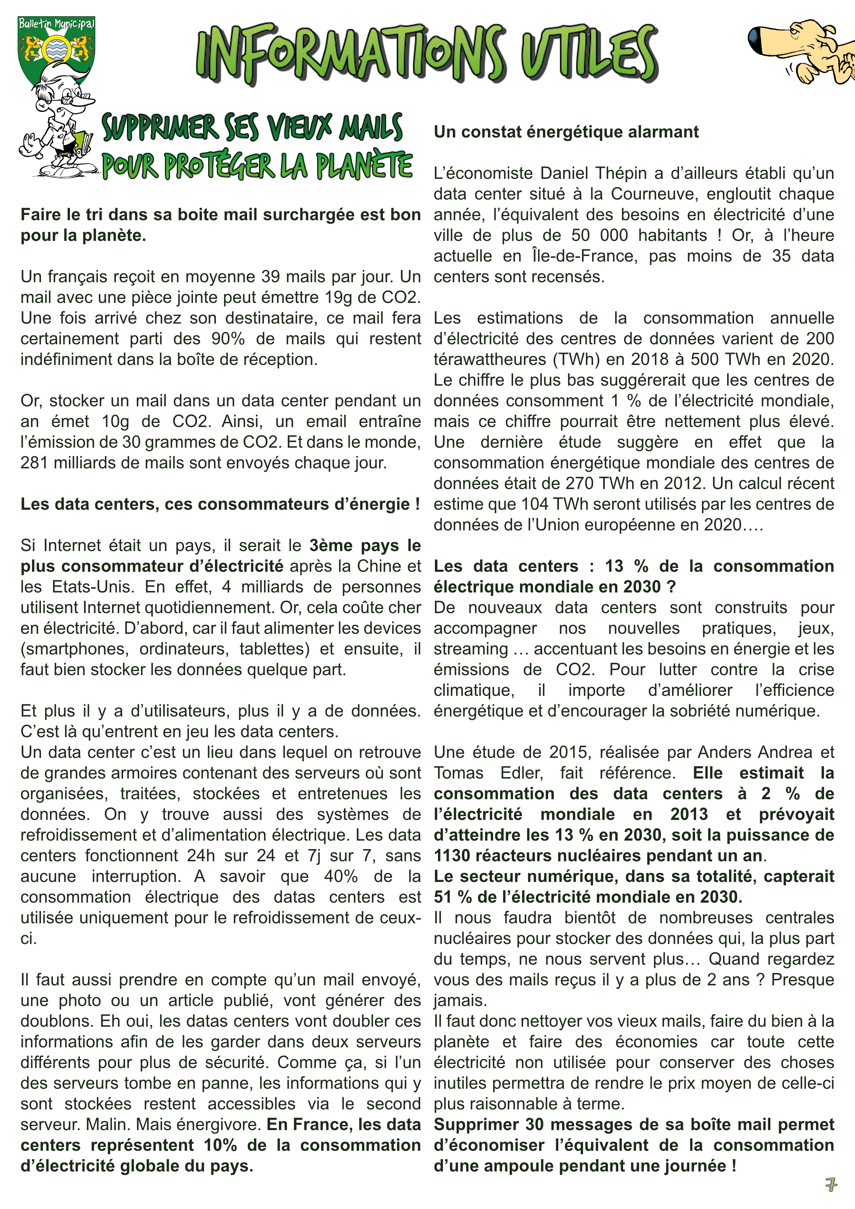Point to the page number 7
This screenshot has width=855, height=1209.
[x=831, y=1185]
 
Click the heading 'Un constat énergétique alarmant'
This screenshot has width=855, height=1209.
[x=566, y=132]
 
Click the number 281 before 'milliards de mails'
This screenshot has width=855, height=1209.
[x=34, y=463]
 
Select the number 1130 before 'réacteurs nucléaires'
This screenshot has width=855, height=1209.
[x=452, y=856]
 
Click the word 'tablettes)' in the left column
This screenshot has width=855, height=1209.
[x=274, y=649]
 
